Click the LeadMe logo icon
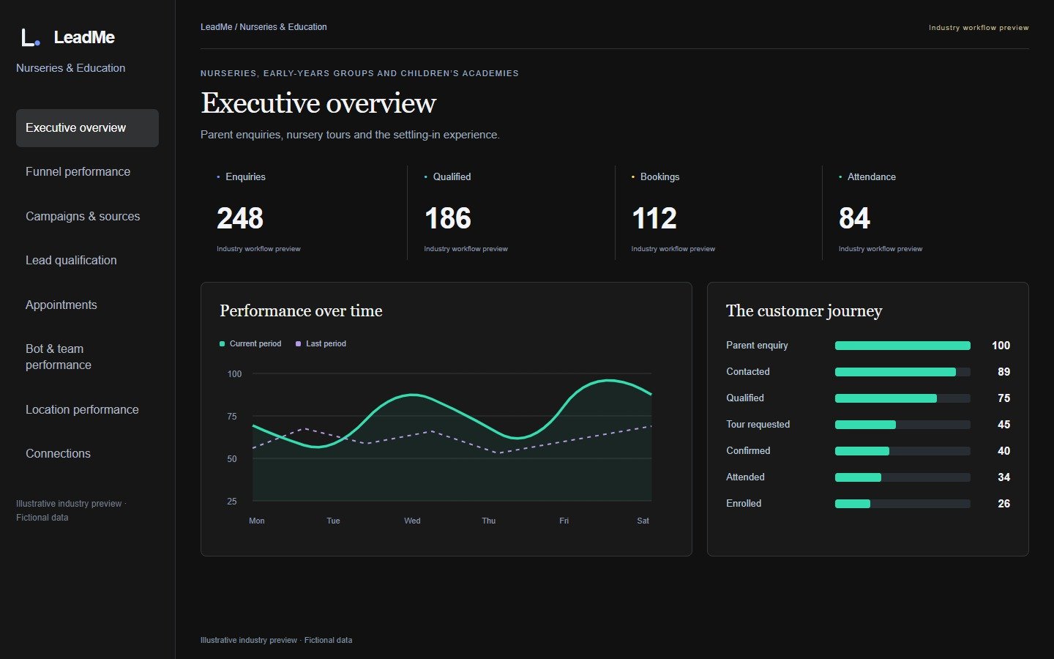[31, 37]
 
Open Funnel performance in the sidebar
[78, 172]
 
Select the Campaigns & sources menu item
[83, 217]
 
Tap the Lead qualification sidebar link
[71, 261]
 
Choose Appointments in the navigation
[61, 305]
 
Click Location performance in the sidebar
[82, 409]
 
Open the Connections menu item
[58, 454]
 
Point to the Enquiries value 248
[240, 218]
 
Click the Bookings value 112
[654, 218]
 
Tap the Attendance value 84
[854, 218]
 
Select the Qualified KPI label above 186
[452, 177]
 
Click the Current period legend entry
[250, 343]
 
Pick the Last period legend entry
[321, 343]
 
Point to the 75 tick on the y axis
[232, 417]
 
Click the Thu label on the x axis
[488, 521]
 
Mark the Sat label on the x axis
[643, 521]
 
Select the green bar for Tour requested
[865, 425]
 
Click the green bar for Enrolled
[853, 504]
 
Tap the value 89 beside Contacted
[1003, 372]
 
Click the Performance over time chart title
[301, 310]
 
